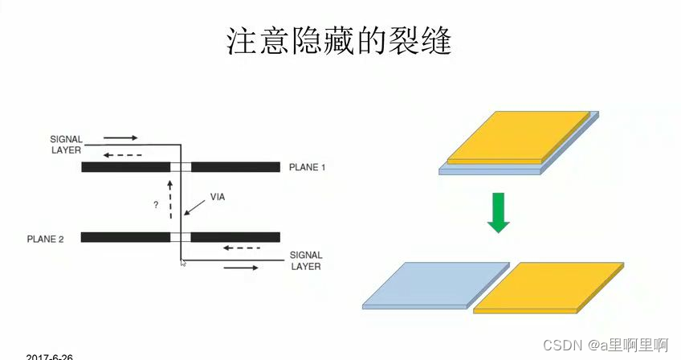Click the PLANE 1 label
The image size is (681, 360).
pyautogui.click(x=308, y=167)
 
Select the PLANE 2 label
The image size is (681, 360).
pyautogui.click(x=45, y=239)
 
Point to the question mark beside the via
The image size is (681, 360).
pyautogui.click(x=155, y=205)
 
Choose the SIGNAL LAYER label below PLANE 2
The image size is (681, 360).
pyautogui.click(x=305, y=261)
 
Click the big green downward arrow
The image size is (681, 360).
pyautogui.click(x=499, y=212)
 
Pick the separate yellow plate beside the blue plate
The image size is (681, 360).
pyautogui.click(x=549, y=287)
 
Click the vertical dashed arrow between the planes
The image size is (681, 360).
pyautogui.click(x=170, y=199)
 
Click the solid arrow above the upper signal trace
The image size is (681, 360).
pyautogui.click(x=120, y=137)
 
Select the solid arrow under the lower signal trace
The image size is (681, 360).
pyautogui.click(x=242, y=267)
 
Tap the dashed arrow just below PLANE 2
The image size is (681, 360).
pyautogui.click(x=242, y=247)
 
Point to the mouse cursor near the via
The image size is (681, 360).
pyautogui.click(x=184, y=263)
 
